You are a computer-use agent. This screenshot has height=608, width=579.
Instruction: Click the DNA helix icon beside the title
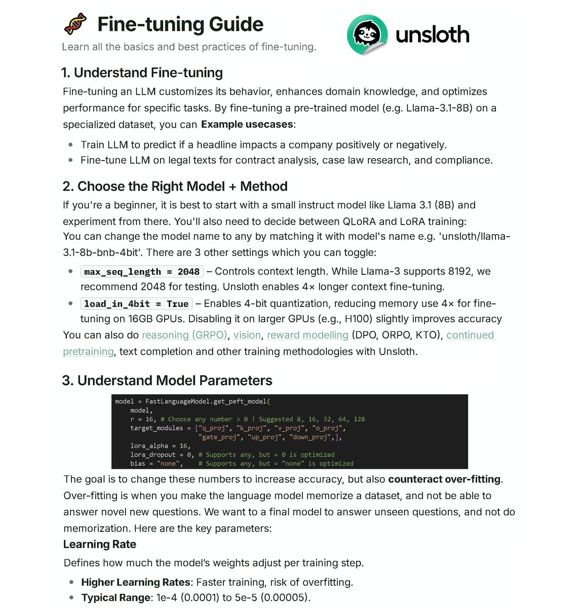[x=75, y=24]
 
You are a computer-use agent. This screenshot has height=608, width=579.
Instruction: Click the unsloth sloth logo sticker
[x=367, y=34]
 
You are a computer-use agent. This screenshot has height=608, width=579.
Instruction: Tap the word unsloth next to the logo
[x=432, y=35]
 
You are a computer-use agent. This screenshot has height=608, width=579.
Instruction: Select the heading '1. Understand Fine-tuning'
[x=142, y=73]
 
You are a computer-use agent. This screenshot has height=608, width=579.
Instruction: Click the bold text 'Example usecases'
[x=247, y=125]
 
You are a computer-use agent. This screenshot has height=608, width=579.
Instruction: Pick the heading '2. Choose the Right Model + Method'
[x=175, y=186]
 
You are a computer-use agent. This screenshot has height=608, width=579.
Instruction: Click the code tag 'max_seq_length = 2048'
[x=142, y=272]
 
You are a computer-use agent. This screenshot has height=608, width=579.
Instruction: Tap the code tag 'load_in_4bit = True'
[x=136, y=304]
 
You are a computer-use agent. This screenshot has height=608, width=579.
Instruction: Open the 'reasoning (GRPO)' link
[x=184, y=335]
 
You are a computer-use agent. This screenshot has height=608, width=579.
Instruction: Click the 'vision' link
[x=247, y=335]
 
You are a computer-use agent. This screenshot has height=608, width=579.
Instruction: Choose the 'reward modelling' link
[x=307, y=335]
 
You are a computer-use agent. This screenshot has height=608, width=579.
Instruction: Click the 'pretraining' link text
[x=88, y=352]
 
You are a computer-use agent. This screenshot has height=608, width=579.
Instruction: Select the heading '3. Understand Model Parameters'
[x=167, y=381]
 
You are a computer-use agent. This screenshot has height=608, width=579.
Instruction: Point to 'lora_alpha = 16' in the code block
[x=160, y=446]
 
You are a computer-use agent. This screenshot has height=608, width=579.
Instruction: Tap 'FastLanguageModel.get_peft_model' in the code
[x=206, y=401]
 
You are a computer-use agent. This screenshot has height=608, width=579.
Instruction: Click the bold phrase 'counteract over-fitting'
[x=445, y=479]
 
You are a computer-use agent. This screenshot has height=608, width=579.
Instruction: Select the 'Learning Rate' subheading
[x=100, y=545]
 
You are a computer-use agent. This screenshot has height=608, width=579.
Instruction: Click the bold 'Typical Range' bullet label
[x=116, y=598]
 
